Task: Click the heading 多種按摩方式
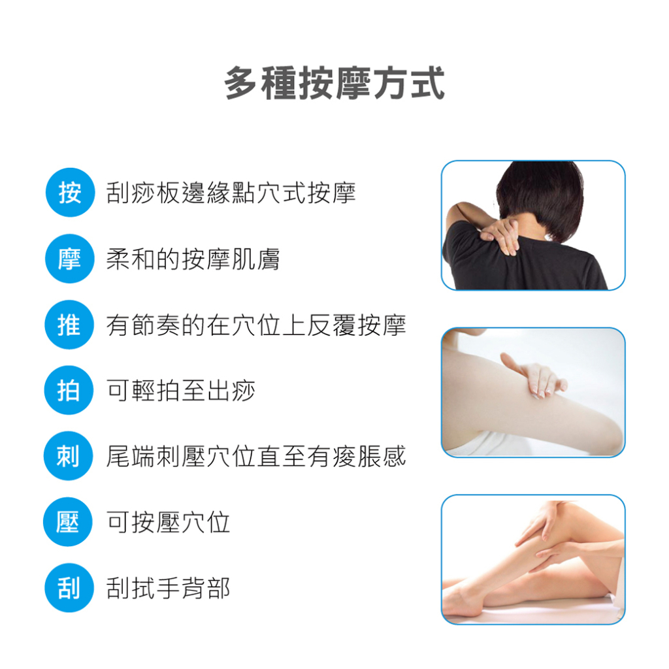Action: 334,83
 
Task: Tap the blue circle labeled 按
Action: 70,193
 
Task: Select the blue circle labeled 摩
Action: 69,259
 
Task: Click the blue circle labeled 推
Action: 69,325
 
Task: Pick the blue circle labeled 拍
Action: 69,390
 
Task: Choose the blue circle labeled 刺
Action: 68,455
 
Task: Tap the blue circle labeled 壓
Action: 68,522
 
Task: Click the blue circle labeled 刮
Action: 69,588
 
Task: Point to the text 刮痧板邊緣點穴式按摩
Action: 231,193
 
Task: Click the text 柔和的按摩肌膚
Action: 193,259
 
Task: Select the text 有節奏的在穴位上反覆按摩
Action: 256,325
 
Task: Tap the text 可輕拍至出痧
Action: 180,391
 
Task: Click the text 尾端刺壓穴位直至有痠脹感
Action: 256,456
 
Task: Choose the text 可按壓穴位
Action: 168,522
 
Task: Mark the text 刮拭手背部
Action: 168,589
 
